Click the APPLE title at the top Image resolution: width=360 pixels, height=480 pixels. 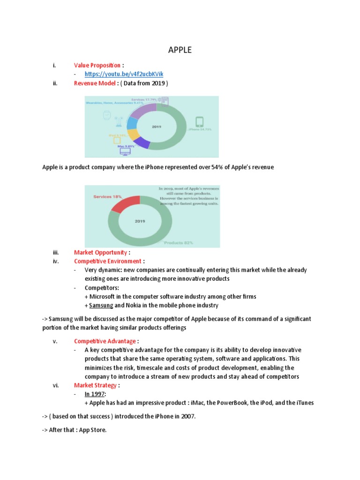[180, 50]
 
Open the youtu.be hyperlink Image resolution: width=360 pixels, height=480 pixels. [124, 74]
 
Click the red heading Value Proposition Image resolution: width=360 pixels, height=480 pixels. [96, 65]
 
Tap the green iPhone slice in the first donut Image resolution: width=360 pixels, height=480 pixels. [178, 136]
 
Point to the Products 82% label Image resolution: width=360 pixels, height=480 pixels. [179, 243]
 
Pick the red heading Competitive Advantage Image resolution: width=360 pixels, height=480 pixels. [105, 341]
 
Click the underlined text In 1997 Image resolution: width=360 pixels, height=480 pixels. [95, 394]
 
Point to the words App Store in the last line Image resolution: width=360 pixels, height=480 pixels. [94, 429]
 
